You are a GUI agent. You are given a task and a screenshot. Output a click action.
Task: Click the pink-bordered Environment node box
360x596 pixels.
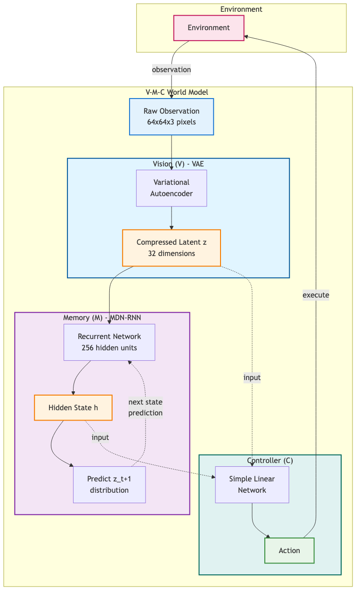(x=209, y=28)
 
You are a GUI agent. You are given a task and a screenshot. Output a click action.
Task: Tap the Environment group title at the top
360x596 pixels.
(x=241, y=9)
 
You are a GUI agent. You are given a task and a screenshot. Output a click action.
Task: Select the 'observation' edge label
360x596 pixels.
(x=171, y=69)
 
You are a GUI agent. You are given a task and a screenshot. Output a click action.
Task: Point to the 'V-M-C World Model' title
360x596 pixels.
(x=177, y=92)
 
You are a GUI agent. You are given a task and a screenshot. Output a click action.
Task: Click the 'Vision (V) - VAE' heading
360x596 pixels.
(x=178, y=164)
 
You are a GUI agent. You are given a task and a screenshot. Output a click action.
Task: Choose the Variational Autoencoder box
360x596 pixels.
(x=172, y=188)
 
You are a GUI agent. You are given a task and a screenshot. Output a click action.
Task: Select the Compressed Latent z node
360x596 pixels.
(x=172, y=248)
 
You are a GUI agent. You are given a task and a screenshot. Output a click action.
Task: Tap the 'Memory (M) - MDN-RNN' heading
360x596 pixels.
(x=102, y=318)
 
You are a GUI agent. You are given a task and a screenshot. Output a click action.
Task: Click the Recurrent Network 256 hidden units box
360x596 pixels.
(x=109, y=342)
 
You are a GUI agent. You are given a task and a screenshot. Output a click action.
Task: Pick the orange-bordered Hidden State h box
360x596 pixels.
(x=73, y=407)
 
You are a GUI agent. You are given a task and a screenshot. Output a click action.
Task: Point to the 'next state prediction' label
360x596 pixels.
(x=145, y=407)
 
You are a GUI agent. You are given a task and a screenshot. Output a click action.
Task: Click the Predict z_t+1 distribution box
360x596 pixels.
(x=109, y=485)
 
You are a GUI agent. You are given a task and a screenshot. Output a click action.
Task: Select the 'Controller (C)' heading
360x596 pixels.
(x=270, y=460)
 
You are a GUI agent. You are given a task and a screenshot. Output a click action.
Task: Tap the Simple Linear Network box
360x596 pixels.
(x=252, y=485)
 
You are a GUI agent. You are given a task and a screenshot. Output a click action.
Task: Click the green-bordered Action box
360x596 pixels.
(x=289, y=550)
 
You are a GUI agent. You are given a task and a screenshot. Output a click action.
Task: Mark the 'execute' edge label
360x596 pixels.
(x=316, y=295)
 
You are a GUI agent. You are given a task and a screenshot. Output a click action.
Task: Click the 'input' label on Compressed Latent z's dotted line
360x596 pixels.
(x=252, y=377)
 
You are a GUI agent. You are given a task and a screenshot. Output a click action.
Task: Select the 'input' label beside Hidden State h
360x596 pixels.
(x=100, y=437)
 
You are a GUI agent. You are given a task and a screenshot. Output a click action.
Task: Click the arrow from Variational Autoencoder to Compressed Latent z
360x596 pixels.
(x=172, y=218)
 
